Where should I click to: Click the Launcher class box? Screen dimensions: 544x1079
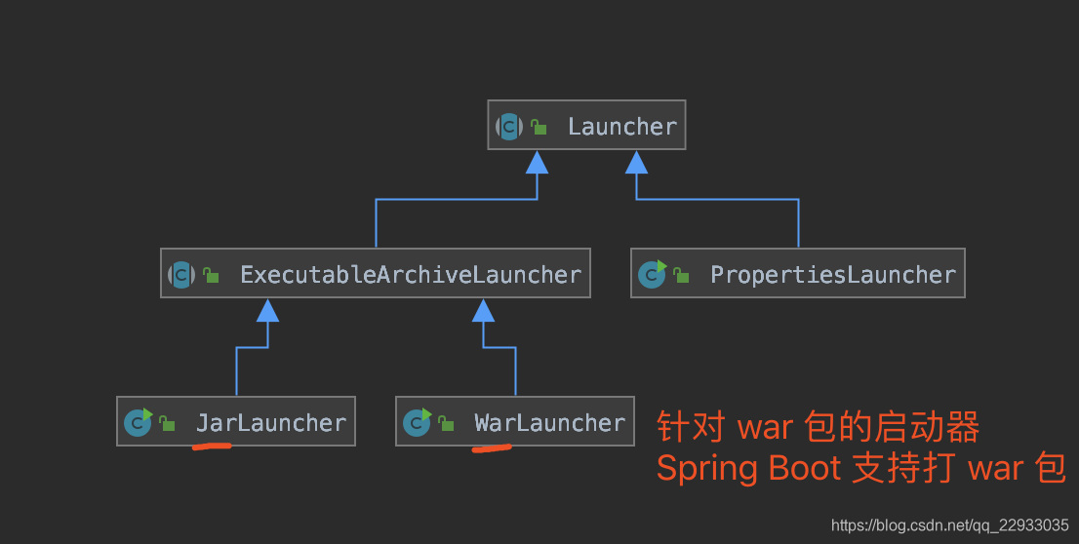(586, 125)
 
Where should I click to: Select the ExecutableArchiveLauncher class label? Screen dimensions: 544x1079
(410, 275)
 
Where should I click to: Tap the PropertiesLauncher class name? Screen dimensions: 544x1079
(832, 275)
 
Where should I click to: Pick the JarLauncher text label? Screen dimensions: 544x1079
(270, 423)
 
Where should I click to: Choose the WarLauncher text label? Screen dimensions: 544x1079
(549, 423)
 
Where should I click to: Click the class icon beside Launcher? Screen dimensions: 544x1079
(509, 127)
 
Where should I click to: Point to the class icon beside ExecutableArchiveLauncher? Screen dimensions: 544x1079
(181, 275)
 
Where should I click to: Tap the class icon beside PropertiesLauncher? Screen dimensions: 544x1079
(651, 275)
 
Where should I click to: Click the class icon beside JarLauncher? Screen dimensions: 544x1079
(138, 423)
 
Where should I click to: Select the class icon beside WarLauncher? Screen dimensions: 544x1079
(417, 423)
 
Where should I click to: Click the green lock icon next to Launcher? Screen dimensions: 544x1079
(539, 128)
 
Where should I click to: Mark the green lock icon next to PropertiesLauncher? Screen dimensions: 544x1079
(681, 276)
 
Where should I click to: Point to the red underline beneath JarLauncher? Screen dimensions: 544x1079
(211, 447)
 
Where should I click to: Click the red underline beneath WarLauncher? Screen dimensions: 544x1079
(491, 449)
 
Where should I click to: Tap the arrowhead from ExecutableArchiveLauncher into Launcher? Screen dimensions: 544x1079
(537, 162)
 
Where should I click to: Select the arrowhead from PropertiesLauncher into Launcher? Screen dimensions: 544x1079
(637, 162)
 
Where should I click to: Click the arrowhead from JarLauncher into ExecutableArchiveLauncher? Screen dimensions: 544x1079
(267, 310)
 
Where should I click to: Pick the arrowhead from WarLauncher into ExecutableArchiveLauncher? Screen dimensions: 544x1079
(484, 310)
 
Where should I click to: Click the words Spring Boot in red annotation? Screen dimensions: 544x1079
(748, 469)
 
